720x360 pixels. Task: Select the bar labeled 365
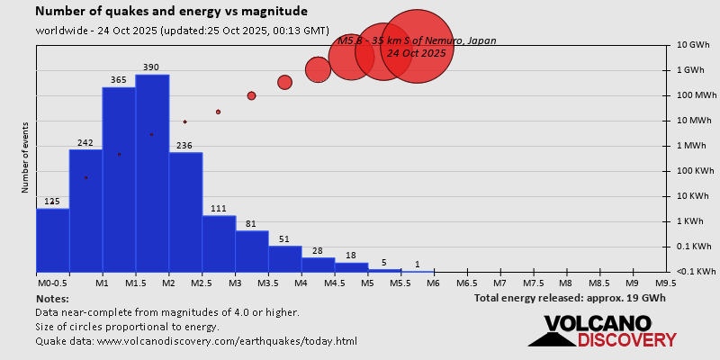(119, 179)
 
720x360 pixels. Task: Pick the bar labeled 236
(185, 211)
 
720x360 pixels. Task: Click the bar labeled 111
(219, 243)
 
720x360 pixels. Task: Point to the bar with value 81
(252, 251)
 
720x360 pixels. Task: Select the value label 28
(318, 251)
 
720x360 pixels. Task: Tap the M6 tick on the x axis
(434, 283)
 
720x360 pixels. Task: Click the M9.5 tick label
(666, 283)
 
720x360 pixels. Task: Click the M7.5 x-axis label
(534, 283)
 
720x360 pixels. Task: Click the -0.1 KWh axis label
(696, 272)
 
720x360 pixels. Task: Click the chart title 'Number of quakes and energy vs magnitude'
(171, 12)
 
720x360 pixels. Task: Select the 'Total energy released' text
(570, 298)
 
